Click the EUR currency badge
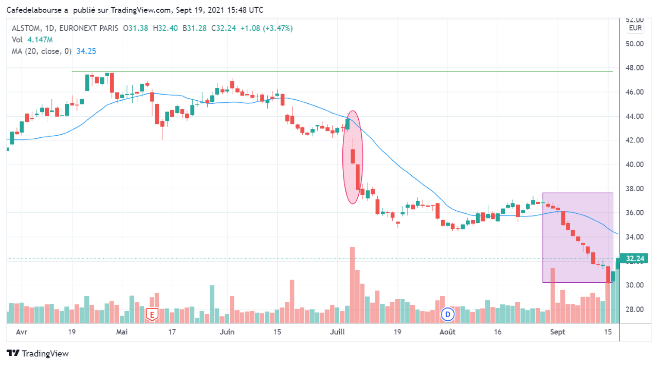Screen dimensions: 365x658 pos(635,28)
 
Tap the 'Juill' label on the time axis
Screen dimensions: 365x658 pos(337,332)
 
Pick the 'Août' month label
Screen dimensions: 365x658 pos(447,332)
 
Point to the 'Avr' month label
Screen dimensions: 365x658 pos(22,332)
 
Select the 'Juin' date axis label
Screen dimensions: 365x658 pos(227,332)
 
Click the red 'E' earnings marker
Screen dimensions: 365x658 pos(152,314)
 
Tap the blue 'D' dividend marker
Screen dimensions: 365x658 pos(448,314)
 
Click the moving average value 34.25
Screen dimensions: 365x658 pos(86,51)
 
